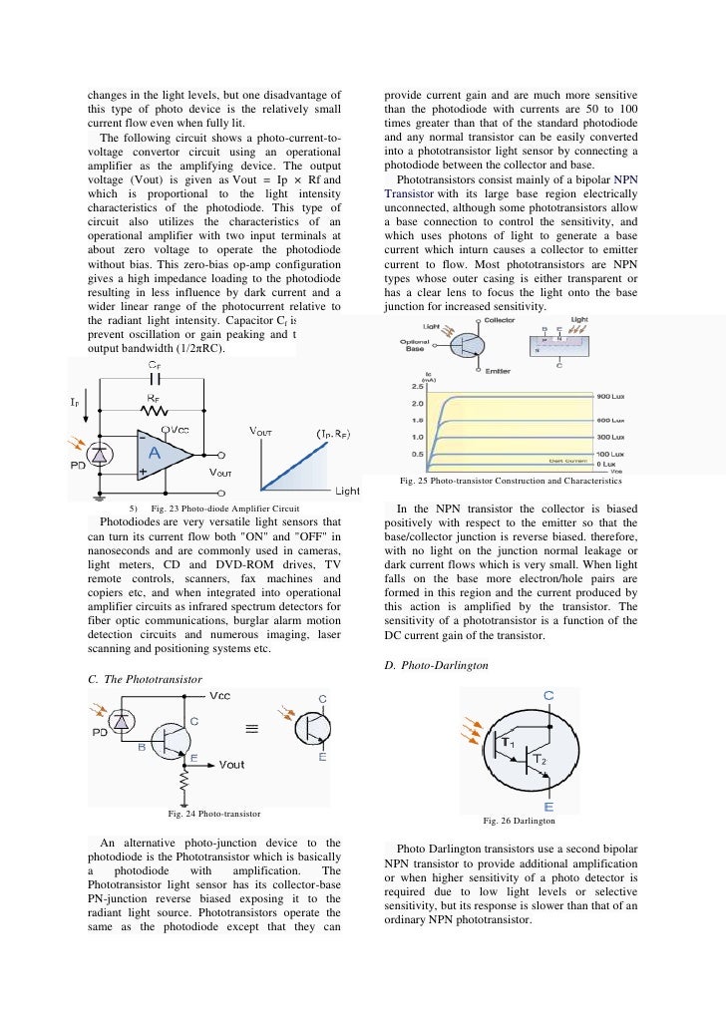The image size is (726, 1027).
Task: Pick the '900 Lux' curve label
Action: coord(610,397)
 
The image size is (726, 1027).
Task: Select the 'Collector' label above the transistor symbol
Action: coord(500,321)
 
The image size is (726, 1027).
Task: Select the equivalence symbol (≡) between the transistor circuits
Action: coord(254,728)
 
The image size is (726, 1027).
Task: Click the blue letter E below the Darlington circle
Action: coord(549,807)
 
